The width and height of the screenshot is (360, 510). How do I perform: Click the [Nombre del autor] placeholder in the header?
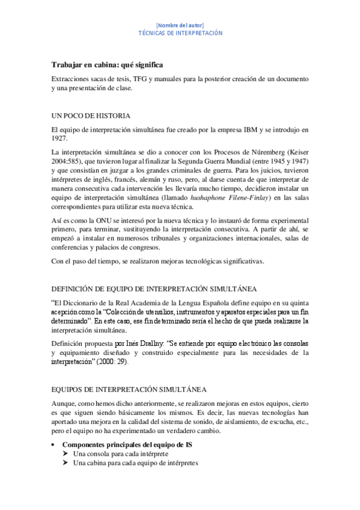click(x=180, y=25)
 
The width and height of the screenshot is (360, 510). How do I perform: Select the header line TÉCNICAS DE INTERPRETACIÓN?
click(x=180, y=33)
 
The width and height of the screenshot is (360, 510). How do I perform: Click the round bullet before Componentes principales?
click(x=55, y=444)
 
